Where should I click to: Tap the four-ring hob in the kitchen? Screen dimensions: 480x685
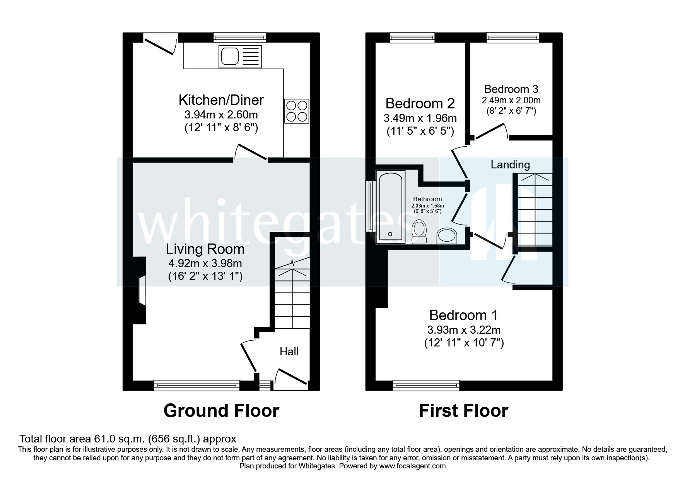(x=297, y=111)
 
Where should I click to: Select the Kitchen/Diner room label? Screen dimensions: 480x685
(x=221, y=100)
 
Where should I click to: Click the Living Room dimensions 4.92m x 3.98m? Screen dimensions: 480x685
(x=205, y=264)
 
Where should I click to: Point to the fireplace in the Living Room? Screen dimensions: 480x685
(x=140, y=290)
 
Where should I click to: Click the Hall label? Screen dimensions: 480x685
(x=289, y=351)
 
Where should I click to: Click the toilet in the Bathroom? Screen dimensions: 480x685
(x=419, y=232)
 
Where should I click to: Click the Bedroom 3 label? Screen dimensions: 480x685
(x=511, y=89)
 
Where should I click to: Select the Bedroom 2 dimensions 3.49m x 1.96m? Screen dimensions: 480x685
(x=420, y=118)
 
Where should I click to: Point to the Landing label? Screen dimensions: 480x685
(x=510, y=165)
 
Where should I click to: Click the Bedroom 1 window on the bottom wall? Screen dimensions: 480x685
(x=426, y=385)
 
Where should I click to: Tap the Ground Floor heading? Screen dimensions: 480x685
(x=221, y=411)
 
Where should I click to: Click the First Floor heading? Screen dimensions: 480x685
(x=463, y=411)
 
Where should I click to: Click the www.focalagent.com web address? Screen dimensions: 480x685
(x=412, y=466)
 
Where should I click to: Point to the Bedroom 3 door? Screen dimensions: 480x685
(x=490, y=132)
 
